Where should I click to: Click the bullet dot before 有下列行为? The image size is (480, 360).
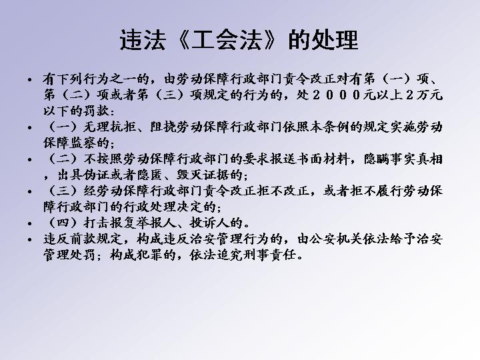point(30,80)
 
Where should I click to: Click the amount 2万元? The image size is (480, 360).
point(424,95)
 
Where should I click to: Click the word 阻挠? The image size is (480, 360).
point(163,127)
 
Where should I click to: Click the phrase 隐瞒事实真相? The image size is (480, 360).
point(403,159)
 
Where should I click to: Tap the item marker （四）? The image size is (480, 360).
point(62,223)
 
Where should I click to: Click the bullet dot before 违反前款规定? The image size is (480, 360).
point(30,239)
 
